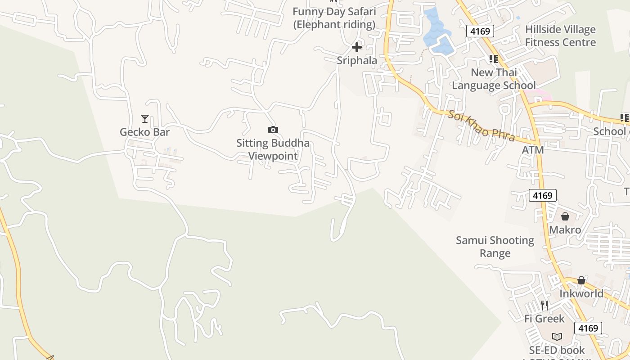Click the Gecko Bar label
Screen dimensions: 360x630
pos(144,132)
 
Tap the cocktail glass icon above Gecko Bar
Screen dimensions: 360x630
pos(144,119)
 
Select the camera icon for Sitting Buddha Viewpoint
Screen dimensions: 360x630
pos(273,130)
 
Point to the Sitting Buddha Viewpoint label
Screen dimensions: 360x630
pos(273,149)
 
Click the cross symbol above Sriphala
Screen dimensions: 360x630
pos(357,47)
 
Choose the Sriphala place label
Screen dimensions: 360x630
pos(357,60)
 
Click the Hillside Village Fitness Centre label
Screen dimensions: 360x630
pos(560,36)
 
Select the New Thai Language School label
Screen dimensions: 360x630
pos(494,79)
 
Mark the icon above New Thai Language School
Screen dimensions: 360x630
pos(494,59)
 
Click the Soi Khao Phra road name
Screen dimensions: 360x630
pos(481,126)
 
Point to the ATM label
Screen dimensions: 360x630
pos(533,150)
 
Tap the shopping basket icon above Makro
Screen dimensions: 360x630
pos(565,217)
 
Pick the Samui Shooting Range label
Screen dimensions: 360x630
pos(495,247)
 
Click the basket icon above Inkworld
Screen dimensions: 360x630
pos(581,281)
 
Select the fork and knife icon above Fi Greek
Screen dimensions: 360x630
pos(544,306)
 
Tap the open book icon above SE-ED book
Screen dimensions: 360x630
pos(557,337)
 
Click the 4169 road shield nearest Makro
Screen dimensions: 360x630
pos(542,195)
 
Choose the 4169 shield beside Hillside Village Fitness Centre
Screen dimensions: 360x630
pos(480,31)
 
